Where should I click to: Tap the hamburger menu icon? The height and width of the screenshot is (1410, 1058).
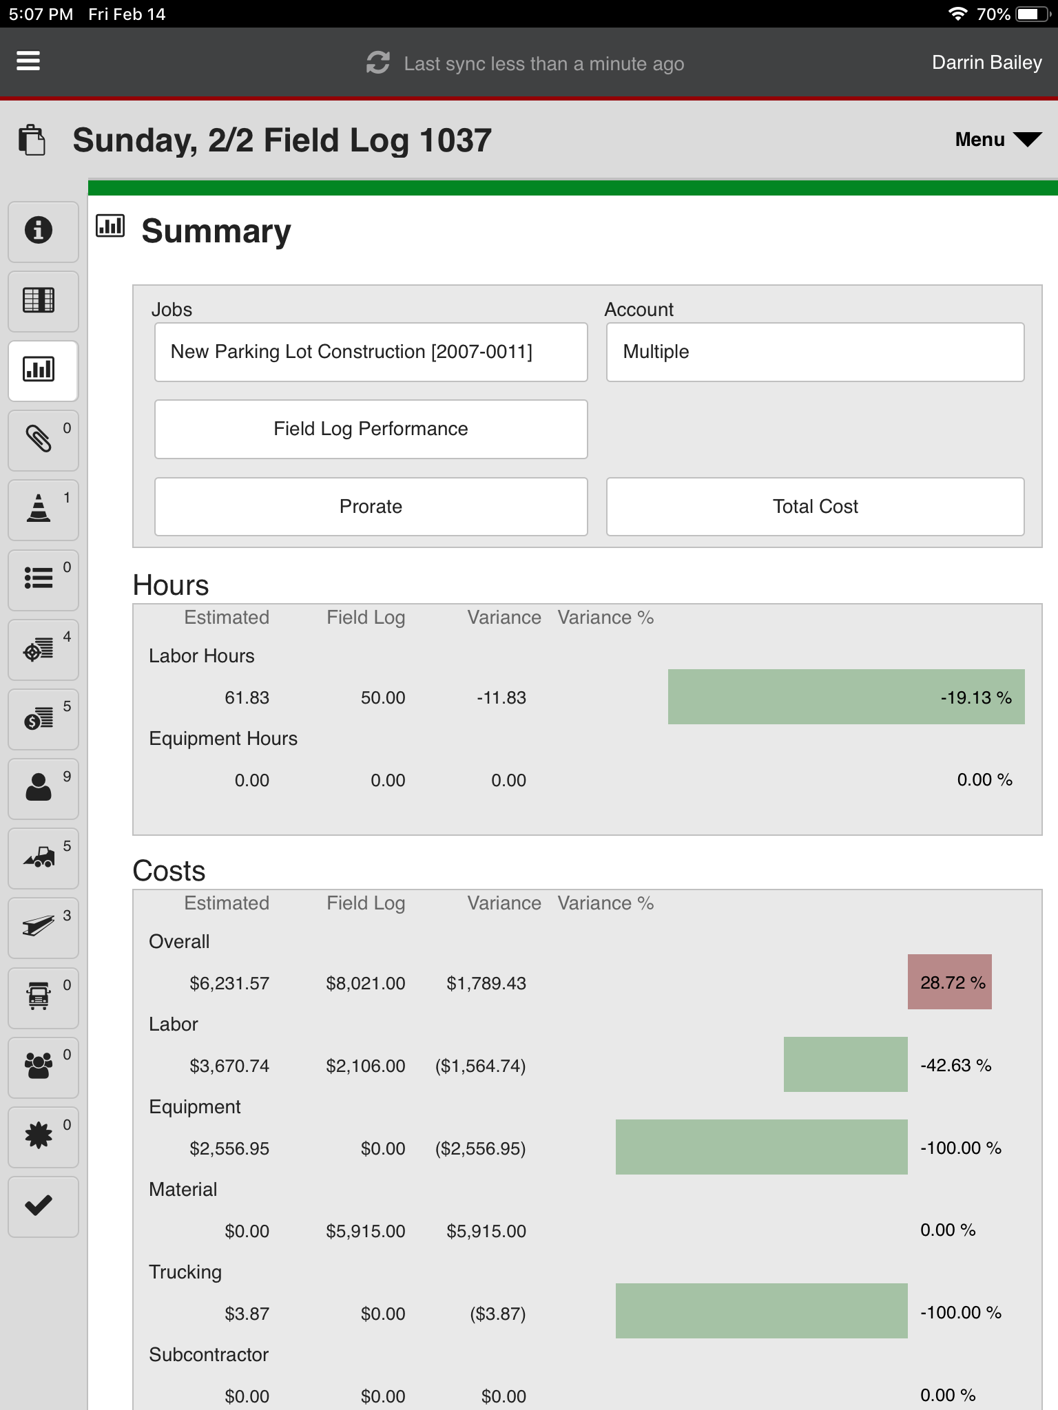[x=28, y=61]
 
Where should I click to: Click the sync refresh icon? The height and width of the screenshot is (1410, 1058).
[x=377, y=63]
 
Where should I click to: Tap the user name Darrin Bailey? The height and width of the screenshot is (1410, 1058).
[x=986, y=63]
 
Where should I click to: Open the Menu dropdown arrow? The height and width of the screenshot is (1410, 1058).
[x=1027, y=140]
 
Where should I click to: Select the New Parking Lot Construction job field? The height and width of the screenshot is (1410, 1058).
[x=371, y=352]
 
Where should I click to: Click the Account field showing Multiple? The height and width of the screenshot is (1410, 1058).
[x=815, y=352]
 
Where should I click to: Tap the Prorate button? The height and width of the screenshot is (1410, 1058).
[x=371, y=507]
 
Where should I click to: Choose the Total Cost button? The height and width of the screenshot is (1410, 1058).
[x=815, y=507]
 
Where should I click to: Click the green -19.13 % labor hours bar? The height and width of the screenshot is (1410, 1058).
[x=846, y=697]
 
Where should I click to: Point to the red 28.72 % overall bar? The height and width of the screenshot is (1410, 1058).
[x=949, y=982]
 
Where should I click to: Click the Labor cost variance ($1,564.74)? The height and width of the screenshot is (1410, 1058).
[x=480, y=1066]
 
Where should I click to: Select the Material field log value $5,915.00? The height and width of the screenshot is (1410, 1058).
[x=365, y=1231]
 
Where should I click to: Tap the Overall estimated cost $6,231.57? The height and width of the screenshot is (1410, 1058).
[x=229, y=983]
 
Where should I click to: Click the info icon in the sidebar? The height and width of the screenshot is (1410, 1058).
[x=39, y=230]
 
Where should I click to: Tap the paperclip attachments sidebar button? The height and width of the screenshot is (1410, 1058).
[x=39, y=439]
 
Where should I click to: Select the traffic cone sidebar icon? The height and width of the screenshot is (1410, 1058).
[x=39, y=509]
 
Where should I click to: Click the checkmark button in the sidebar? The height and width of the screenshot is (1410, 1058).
[x=39, y=1206]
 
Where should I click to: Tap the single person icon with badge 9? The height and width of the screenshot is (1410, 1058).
[x=39, y=788]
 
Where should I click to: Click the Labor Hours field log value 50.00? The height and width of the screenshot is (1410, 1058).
[x=382, y=697]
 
